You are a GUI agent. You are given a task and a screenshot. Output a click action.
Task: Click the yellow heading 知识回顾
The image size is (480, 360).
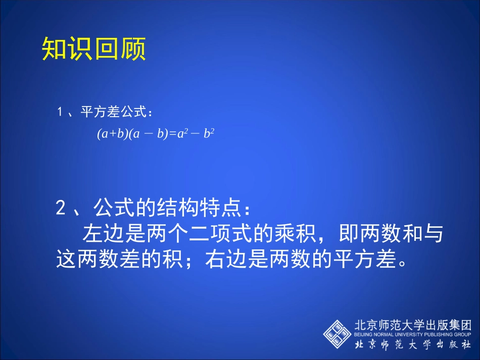point(94,49)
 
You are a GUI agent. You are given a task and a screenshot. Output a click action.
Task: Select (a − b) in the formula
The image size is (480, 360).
point(147,135)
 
